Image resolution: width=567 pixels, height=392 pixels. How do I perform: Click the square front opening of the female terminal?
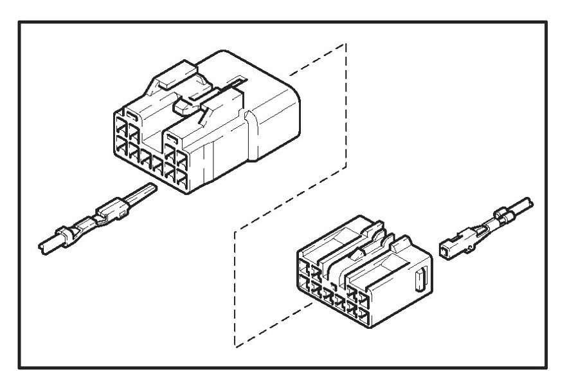click(x=446, y=250)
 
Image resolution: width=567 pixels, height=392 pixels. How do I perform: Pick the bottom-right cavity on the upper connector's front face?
click(x=182, y=180)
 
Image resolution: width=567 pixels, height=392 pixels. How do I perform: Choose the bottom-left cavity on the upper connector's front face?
click(x=122, y=151)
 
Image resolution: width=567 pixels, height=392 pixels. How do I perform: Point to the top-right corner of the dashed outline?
click(x=346, y=45)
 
